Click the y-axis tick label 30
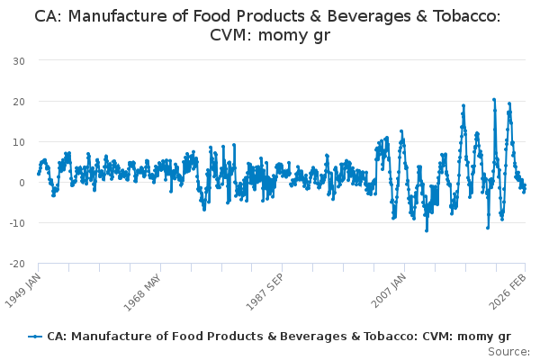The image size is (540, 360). pos(18,60)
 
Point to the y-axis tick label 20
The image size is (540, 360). pos(18,101)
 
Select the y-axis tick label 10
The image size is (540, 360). pos(18,141)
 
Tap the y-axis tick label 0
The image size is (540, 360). pos(21,183)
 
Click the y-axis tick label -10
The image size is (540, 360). pos(16,223)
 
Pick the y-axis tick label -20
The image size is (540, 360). pos(16,264)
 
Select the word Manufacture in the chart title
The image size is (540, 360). pos(114,16)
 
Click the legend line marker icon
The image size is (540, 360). pos(35,336)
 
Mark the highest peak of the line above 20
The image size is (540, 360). pos(494,99)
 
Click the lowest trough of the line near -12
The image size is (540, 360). pos(427,231)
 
